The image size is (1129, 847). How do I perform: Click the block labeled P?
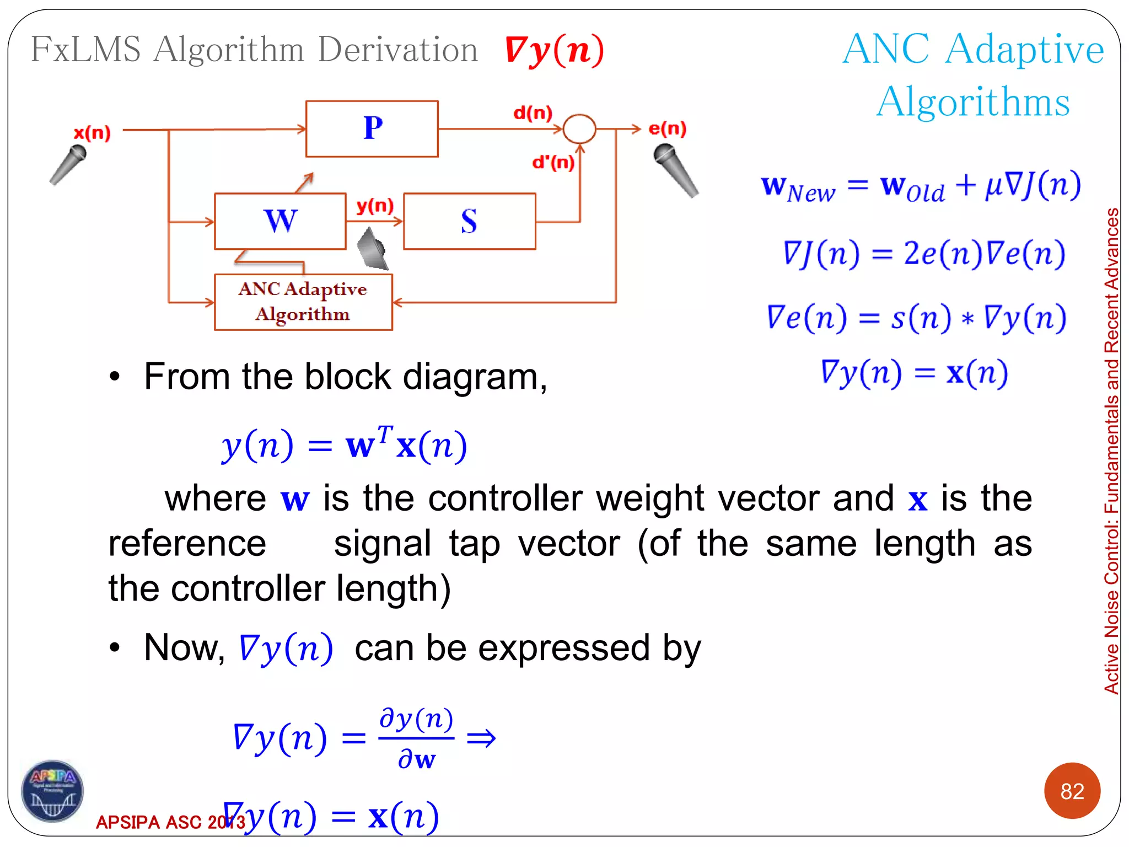[x=372, y=129]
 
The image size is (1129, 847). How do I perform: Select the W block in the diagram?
[x=280, y=221]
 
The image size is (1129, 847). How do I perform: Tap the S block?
[x=469, y=221]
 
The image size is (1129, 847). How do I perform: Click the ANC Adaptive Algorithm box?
[x=303, y=302]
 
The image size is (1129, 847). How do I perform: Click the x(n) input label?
[x=93, y=133]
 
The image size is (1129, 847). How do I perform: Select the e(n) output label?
[x=667, y=128]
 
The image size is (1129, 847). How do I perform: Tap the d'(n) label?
[x=553, y=162]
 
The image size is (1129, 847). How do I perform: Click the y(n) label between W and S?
[x=375, y=206]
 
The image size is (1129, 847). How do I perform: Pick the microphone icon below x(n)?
[x=68, y=164]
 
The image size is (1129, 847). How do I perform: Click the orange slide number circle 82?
[x=1072, y=791]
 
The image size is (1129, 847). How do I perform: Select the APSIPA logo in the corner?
[x=52, y=791]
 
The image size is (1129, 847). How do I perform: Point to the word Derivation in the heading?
[x=397, y=50]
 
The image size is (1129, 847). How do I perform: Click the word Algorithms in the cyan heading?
[x=973, y=102]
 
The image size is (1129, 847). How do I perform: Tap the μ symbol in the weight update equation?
[x=993, y=186]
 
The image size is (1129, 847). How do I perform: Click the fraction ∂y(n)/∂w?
[x=416, y=738]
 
